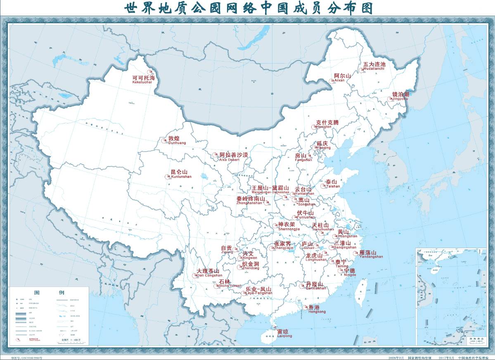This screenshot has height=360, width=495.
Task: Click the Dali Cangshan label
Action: tap(209, 272)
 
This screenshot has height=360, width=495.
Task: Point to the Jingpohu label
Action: tap(400, 96)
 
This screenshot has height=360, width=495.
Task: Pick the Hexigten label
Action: tap(326, 124)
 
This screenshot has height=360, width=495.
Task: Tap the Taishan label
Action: tap(332, 184)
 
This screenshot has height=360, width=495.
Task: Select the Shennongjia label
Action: tap(287, 226)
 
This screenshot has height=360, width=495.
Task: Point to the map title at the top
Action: tap(248, 8)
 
